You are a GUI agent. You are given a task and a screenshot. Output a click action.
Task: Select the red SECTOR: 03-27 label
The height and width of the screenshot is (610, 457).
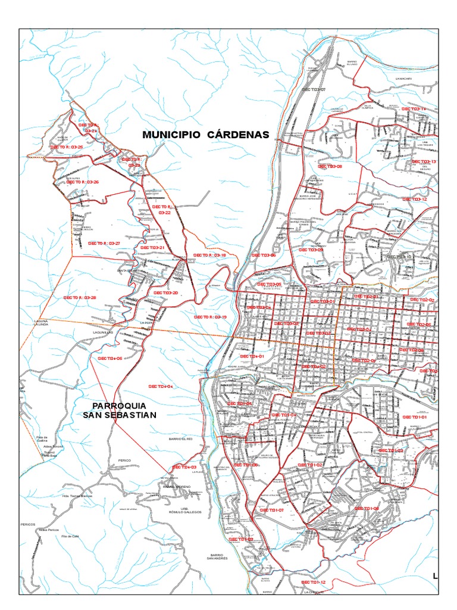point(104,244)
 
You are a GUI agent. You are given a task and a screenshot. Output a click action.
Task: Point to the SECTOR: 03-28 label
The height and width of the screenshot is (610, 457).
point(80,297)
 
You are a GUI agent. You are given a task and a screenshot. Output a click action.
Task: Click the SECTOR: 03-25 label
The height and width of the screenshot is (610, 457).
point(66,146)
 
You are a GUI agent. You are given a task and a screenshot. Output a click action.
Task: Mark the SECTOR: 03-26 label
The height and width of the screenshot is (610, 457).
point(83,182)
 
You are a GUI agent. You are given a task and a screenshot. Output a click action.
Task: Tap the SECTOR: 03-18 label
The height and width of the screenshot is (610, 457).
point(210,255)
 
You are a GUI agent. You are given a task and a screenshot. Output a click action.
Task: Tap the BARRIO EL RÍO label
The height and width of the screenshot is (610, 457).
point(181,439)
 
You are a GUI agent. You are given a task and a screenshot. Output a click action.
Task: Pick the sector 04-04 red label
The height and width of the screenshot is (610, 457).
point(161,387)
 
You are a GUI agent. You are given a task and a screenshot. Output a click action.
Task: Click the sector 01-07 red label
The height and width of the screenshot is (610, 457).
point(273,511)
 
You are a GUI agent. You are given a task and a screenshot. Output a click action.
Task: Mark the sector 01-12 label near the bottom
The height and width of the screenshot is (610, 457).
point(314,582)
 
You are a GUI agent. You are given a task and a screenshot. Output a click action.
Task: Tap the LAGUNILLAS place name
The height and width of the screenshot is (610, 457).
point(102,332)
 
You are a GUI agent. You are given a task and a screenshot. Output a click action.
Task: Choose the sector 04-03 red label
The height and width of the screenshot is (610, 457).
point(184,467)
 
